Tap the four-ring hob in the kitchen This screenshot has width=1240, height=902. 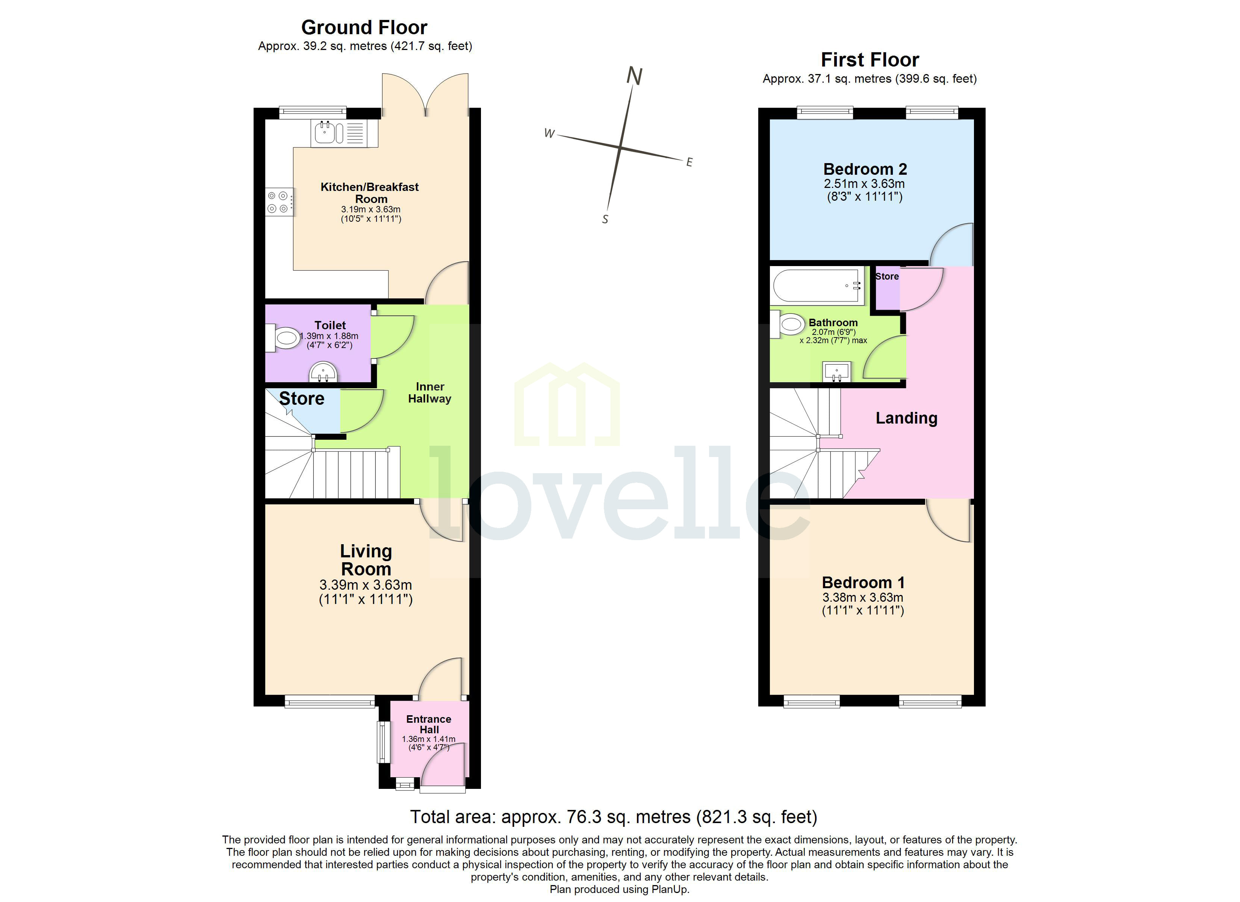point(279,202)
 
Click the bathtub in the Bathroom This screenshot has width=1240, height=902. point(817,286)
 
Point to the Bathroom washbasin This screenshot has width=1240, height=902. point(836,372)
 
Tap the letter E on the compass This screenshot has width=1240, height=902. point(690,162)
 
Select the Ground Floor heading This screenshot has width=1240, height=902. point(364,27)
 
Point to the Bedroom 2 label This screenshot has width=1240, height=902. point(865,169)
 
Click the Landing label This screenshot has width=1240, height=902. point(906,418)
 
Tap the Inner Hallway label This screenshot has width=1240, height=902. point(430,393)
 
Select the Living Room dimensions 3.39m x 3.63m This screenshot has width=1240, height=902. point(365,585)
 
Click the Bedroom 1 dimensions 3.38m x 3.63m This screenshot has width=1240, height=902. point(863,597)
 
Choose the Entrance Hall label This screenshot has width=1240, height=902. point(429,724)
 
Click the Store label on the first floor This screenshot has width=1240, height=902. point(887,276)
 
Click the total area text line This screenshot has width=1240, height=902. point(614,817)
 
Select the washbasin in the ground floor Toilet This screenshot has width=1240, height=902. point(323,373)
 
